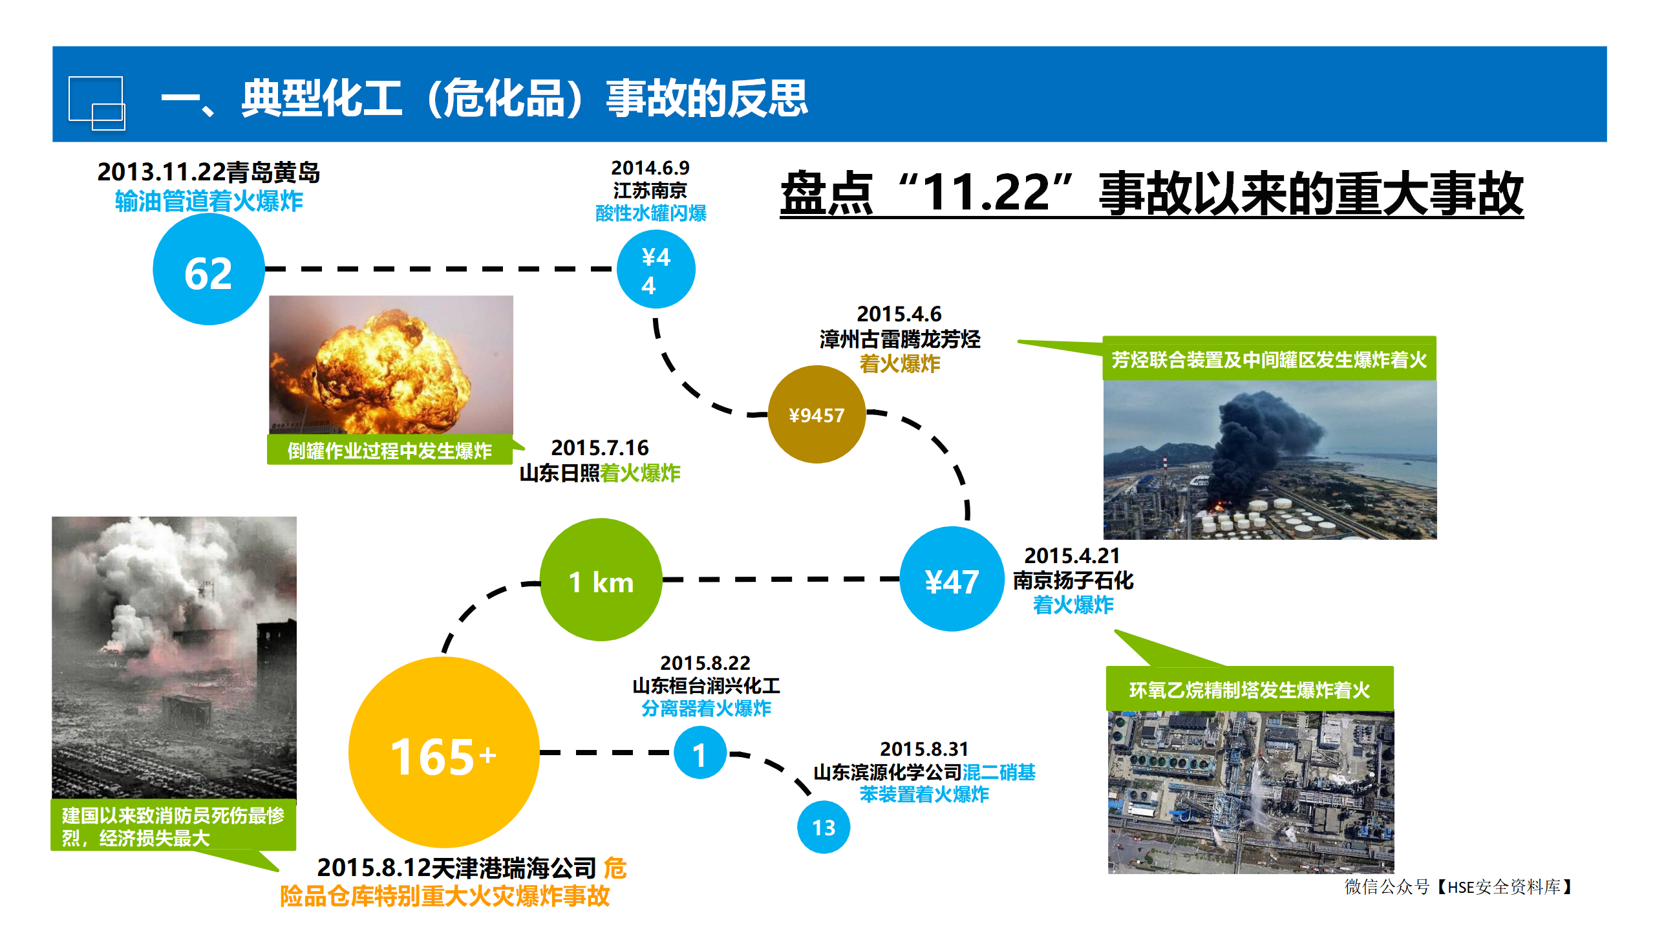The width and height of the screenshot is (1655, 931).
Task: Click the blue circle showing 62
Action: click(209, 269)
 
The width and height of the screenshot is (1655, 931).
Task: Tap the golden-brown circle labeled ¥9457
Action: click(817, 414)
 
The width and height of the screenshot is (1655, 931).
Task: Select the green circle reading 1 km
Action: click(601, 580)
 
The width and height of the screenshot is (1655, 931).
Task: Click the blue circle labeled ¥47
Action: click(952, 579)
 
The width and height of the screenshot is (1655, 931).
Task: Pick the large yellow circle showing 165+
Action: click(444, 753)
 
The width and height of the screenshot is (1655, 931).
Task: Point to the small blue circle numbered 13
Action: click(824, 827)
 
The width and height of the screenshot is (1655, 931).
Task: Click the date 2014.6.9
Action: click(650, 168)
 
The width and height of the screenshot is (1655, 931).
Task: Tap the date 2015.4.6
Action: click(899, 314)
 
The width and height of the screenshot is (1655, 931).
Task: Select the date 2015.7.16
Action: click(600, 447)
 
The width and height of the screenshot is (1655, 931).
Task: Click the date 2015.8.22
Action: click(705, 663)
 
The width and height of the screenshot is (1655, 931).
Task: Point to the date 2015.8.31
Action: click(924, 749)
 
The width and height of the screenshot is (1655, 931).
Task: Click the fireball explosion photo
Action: click(391, 365)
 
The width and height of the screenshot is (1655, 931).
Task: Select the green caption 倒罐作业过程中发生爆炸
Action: click(390, 451)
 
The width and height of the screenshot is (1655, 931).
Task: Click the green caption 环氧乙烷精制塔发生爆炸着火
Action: click(1250, 690)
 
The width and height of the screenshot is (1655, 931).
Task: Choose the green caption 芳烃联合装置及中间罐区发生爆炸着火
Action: click(1269, 359)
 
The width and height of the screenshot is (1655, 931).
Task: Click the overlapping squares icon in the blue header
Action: click(97, 103)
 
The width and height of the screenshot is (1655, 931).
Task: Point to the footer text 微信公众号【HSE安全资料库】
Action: click(1459, 886)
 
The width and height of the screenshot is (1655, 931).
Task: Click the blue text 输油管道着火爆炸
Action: click(209, 201)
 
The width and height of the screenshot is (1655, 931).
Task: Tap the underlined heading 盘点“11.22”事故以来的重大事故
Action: click(1152, 193)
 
